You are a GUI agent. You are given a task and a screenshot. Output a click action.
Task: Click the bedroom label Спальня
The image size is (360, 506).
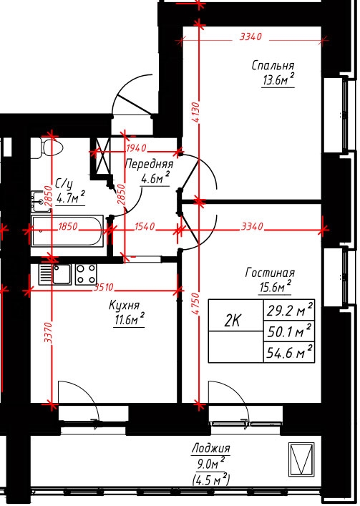point(273,66)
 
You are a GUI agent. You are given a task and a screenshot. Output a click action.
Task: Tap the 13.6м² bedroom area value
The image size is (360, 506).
point(278,79)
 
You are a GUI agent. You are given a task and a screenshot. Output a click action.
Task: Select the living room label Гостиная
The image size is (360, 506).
point(270,273)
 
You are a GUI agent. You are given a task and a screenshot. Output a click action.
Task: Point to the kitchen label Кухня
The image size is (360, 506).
point(125,306)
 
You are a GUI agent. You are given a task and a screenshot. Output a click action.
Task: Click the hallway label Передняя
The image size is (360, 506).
point(149,165)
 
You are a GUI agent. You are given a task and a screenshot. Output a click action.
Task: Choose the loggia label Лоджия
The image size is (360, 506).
point(211,448)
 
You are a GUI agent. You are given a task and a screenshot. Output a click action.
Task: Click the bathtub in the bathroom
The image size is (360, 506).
point(67,230)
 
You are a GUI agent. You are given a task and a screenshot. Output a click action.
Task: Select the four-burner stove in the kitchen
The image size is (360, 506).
point(86,274)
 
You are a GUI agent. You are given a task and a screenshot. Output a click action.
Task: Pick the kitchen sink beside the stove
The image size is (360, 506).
point(55,274)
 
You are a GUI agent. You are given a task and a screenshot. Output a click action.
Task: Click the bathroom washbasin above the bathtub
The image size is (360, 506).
point(40,201)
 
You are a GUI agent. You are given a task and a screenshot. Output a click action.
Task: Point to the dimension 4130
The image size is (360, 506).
point(196,112)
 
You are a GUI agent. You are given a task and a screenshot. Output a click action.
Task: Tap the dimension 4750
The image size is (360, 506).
point(195,303)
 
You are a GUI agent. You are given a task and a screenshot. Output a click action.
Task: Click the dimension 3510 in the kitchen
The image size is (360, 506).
point(104,287)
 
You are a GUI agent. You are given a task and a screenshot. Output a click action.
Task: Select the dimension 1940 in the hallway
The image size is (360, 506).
point(137,148)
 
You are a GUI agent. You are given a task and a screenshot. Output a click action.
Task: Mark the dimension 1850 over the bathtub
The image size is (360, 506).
point(68,226)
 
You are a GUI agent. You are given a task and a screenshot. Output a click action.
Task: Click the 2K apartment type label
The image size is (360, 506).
point(233,321)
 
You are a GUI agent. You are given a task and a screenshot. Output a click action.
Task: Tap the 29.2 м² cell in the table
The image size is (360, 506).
point(289,310)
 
